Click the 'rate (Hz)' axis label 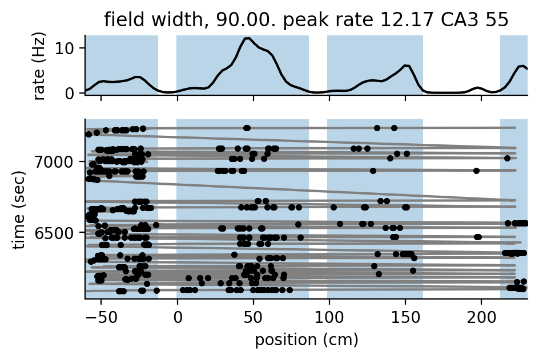(40, 64)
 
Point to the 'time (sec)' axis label (20, 209)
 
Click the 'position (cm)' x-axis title (306, 340)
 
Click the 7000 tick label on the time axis (59, 161)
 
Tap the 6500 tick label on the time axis (59, 233)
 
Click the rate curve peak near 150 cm (405, 66)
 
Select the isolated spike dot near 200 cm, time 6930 (476, 171)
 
